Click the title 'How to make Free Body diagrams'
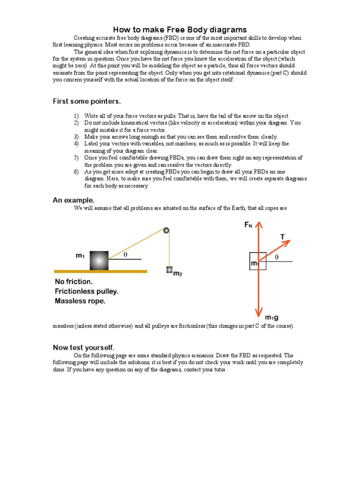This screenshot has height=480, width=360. coord(180,30)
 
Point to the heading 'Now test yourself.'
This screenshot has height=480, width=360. coord(83,347)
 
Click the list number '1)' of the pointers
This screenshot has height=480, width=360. coord(76,116)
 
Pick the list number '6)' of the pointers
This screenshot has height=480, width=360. coord(76,172)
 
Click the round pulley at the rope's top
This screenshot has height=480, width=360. coord(166,230)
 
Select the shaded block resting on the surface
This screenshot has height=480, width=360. coord(99,260)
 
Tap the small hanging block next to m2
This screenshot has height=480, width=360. coord(169,270)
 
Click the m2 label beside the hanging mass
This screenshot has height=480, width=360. coord(178,274)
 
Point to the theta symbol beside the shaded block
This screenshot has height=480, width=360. coord(125,255)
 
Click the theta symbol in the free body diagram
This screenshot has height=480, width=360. coord(277,257)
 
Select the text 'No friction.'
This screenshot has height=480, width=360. coord(74,282)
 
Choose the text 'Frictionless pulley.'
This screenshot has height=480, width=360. coord(86,291)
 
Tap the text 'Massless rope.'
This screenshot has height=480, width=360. coord(80,301)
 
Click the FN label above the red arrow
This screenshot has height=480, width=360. coord(248,225)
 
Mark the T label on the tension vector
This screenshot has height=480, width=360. coord(283,237)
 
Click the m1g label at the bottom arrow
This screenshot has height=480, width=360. coord(272,318)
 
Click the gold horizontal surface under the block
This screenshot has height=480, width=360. coord(100,271)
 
